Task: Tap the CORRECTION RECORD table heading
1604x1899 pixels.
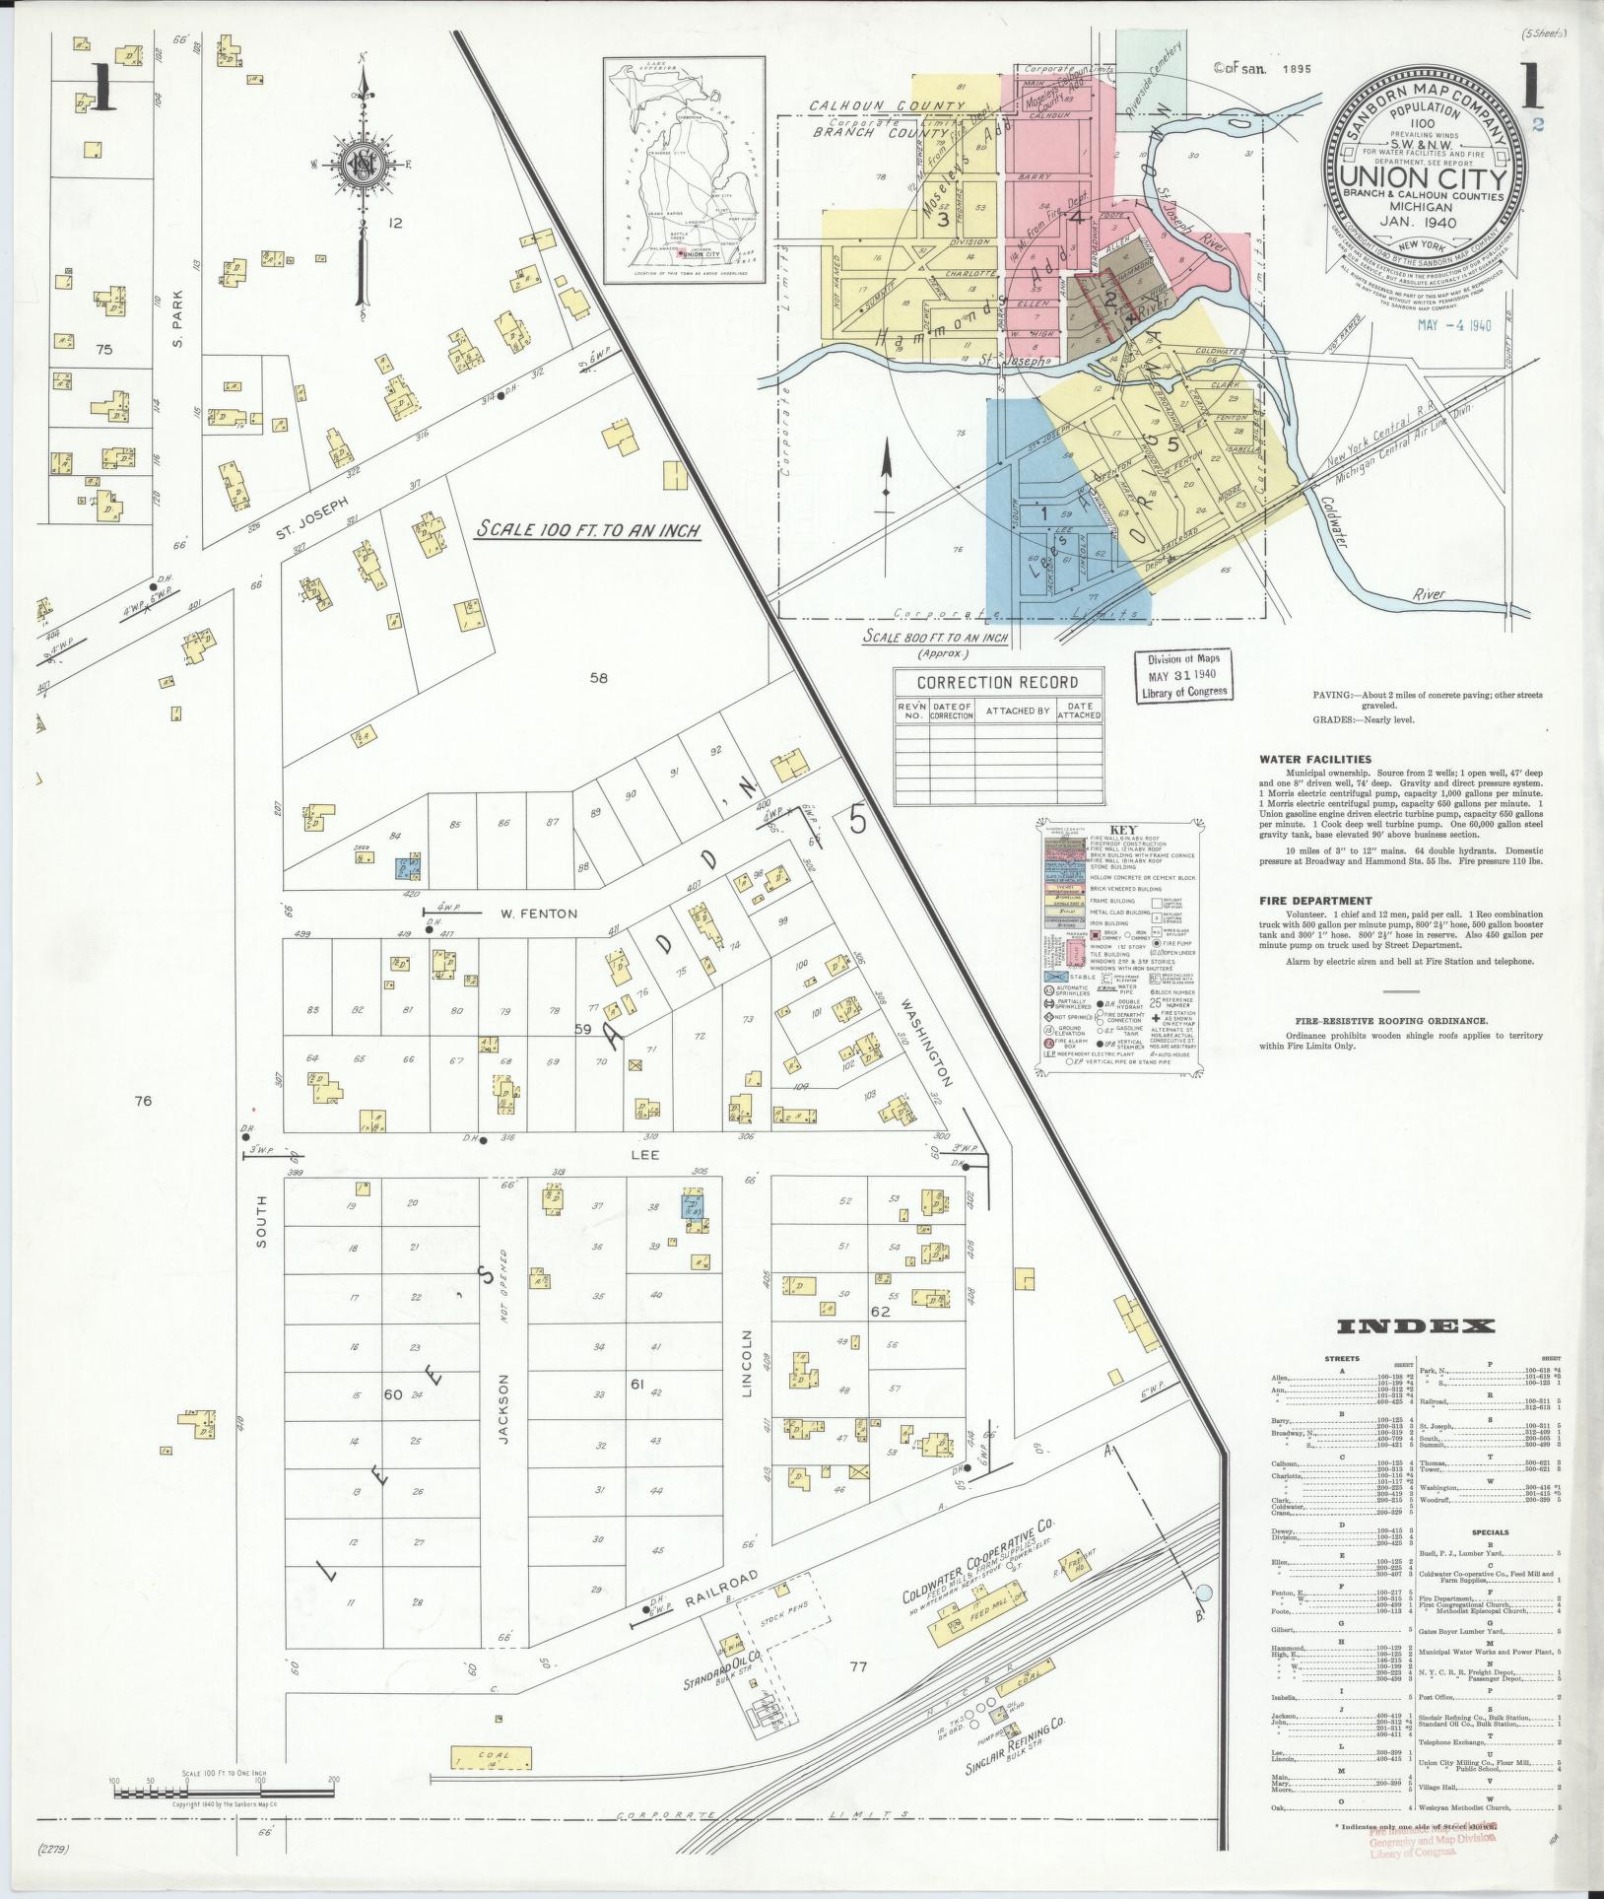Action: (997, 682)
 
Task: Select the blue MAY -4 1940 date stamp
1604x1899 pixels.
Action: (1455, 324)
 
